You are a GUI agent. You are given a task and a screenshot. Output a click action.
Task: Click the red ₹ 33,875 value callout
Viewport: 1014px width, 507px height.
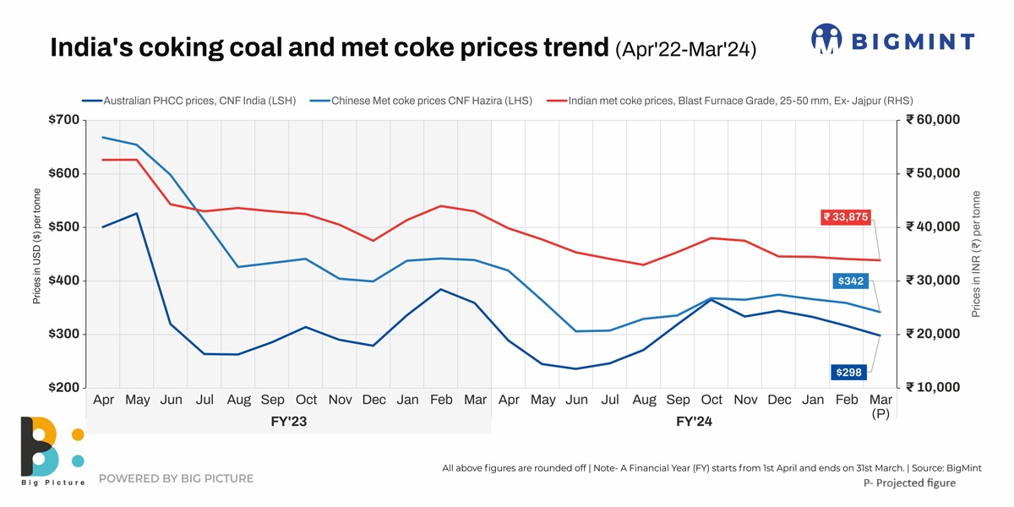(x=846, y=217)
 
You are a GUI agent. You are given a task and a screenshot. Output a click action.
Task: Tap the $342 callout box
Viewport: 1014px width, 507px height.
(x=850, y=281)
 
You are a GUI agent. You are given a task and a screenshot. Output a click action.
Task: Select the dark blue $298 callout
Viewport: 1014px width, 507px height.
(x=850, y=372)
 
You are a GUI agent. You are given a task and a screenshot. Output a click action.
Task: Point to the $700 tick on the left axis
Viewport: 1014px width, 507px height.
(x=64, y=120)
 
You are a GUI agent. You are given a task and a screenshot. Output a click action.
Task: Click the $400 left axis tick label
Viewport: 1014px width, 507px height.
(x=64, y=281)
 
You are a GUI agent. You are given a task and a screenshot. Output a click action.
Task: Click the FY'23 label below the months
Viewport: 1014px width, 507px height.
(x=288, y=421)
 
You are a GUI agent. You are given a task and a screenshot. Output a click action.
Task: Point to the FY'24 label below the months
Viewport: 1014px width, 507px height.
(x=694, y=421)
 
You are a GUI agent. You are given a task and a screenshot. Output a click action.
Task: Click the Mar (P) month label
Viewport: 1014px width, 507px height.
(x=880, y=406)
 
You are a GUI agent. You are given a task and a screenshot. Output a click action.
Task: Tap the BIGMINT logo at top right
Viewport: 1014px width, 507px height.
(x=892, y=40)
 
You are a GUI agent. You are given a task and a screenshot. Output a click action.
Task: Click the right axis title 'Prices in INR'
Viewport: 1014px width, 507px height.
(x=976, y=253)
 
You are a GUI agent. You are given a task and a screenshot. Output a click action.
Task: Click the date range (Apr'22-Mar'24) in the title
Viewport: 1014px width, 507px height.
(x=686, y=49)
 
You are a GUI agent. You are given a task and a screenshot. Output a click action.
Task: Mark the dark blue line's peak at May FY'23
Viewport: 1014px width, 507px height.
(x=137, y=214)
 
